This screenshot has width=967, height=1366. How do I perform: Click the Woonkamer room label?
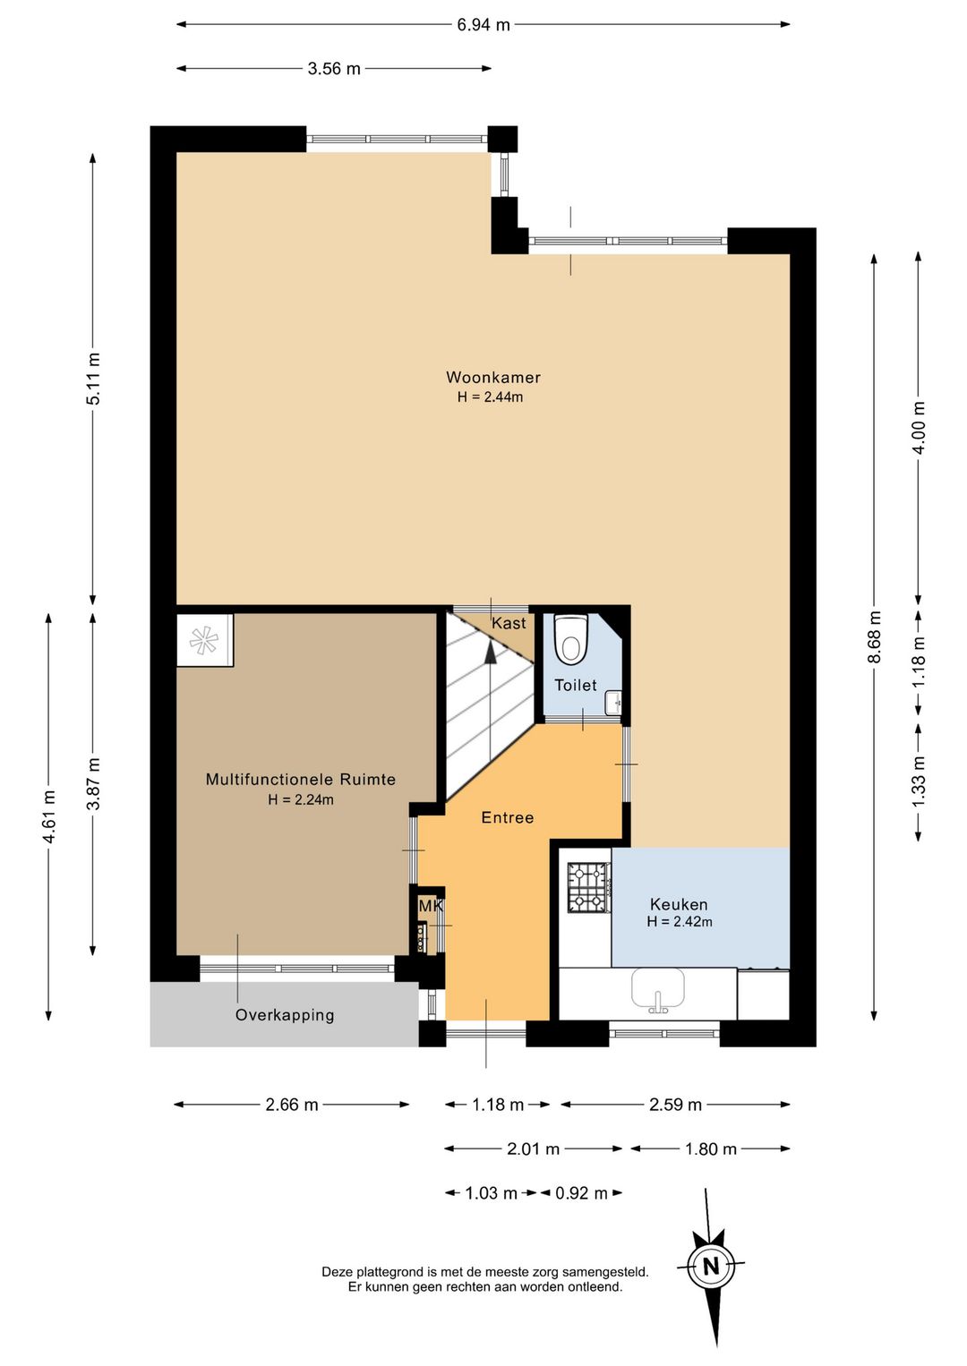point(493,377)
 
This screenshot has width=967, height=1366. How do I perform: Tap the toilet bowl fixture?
point(570,639)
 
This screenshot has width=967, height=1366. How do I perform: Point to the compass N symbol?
point(711,1267)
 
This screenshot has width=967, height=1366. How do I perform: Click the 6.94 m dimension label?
point(483,25)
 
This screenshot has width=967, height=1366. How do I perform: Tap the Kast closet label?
point(509,623)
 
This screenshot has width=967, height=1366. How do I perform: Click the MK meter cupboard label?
point(430,906)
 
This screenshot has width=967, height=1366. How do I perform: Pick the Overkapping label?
point(285,1015)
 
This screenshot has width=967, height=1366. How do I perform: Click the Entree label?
point(507,817)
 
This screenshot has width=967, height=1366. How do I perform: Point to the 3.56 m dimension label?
point(334,69)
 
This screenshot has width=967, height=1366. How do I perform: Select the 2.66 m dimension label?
point(292,1105)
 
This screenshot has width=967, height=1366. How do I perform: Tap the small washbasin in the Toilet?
point(613,702)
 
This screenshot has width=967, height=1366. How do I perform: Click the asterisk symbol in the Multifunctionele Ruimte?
point(204,640)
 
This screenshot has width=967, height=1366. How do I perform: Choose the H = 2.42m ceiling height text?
point(679,921)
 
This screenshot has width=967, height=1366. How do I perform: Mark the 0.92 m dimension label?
point(581,1193)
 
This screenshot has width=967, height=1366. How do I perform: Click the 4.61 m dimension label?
point(49,816)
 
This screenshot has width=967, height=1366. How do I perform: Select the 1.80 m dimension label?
point(711,1148)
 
